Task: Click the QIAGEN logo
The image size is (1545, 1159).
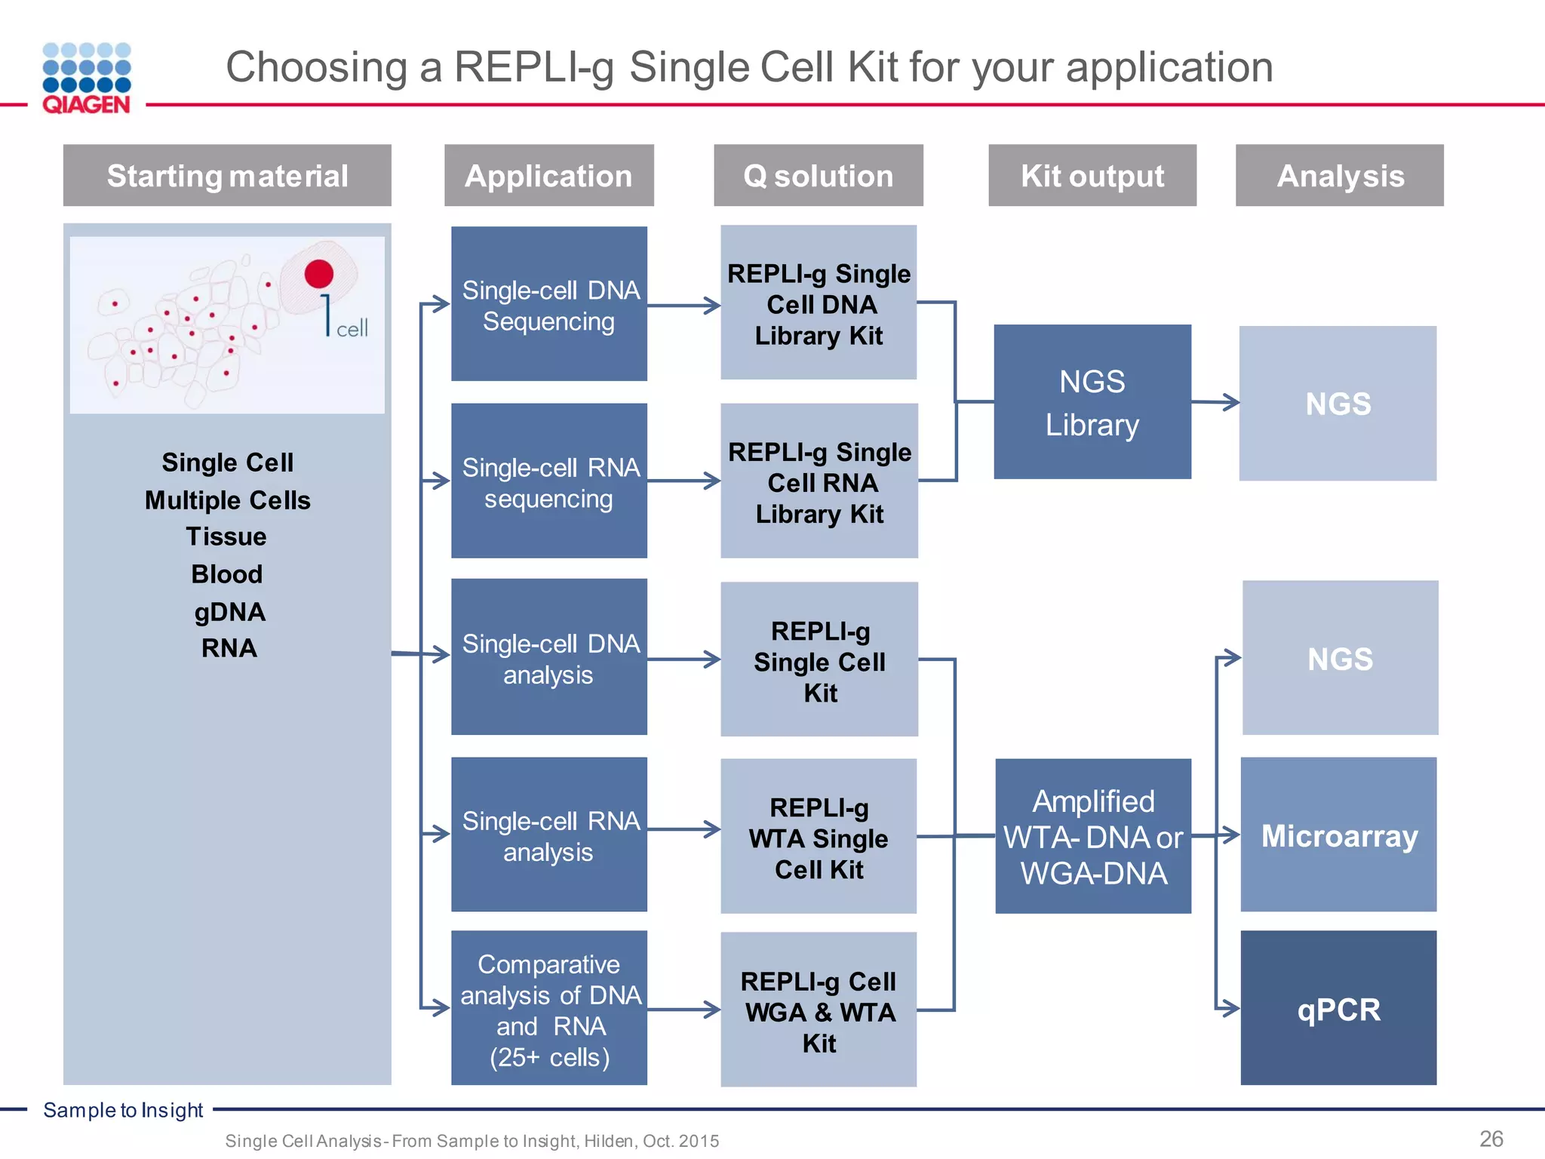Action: coord(87,78)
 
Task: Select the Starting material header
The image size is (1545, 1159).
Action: coord(227,176)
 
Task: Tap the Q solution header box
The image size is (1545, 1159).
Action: coord(819,176)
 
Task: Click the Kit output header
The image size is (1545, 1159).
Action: coord(1092,176)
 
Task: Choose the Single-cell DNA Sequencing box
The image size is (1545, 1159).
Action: coord(549,304)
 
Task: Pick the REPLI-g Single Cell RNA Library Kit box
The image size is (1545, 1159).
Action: coord(819,481)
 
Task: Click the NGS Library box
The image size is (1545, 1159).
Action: coord(1092,402)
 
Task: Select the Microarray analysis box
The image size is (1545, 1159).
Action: coord(1339,835)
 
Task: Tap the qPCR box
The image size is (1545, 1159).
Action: coord(1339,1009)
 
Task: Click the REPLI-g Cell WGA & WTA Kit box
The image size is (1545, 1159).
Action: coord(819,1010)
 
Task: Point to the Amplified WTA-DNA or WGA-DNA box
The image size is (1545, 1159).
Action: coord(1093,836)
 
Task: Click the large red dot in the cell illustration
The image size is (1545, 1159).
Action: coord(319,274)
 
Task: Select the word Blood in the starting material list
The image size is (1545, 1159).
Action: coord(227,574)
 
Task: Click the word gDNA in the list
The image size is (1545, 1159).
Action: coord(229,611)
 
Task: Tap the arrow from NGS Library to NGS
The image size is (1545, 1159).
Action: coord(1215,402)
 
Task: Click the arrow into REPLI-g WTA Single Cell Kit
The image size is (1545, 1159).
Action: coord(683,829)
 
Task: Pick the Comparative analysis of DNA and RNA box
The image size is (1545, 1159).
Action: coord(549,1009)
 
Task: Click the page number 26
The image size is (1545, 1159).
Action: coord(1491,1139)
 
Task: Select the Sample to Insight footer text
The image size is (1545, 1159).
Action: coord(123,1110)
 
